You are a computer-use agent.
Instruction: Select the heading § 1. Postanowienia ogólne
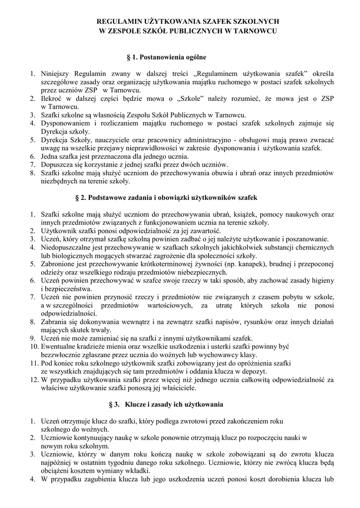pos(166,58)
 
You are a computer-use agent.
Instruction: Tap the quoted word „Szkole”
pos(194,98)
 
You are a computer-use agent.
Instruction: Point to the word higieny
pos(322,280)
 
